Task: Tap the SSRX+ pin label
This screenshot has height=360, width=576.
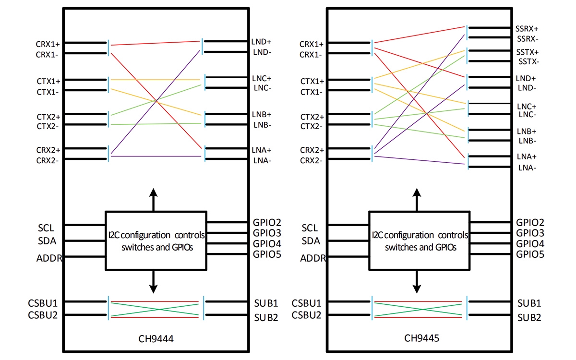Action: [527, 29]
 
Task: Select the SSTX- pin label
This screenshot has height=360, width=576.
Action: [528, 61]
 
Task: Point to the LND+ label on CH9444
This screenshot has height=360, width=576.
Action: [262, 42]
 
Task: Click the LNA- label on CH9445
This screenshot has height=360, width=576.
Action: [527, 168]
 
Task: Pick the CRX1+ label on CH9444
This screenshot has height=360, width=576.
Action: [48, 44]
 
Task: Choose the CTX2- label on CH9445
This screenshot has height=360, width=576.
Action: [312, 126]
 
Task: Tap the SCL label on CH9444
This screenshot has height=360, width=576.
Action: [47, 227]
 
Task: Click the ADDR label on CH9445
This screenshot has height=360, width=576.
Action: [313, 258]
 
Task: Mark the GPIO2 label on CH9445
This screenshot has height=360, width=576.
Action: [530, 223]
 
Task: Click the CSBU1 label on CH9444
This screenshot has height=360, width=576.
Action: [43, 303]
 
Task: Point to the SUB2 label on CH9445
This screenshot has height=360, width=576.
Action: [529, 318]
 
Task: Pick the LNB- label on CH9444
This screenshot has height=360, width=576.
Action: [262, 125]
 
